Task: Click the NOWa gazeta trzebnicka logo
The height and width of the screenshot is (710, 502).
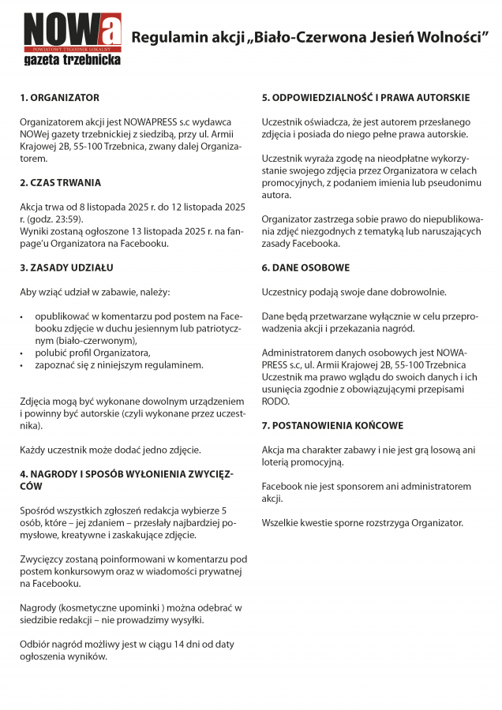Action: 72,38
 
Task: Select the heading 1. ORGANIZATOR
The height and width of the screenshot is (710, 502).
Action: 60,98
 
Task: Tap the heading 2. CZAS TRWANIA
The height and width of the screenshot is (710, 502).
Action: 61,183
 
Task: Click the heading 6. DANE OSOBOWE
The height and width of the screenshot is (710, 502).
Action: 305,268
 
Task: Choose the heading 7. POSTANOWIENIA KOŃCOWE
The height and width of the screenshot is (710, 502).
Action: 332,426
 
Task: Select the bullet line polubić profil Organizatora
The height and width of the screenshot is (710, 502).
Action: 92,353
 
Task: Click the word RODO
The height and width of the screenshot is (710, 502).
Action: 275,402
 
